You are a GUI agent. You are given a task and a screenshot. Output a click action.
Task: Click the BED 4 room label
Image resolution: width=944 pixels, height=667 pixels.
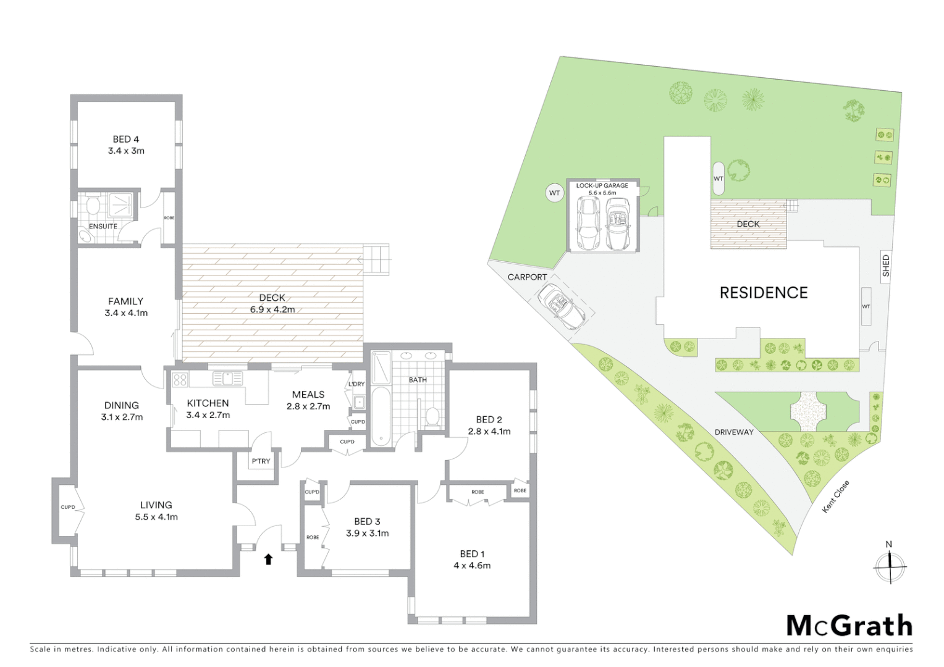coord(125,140)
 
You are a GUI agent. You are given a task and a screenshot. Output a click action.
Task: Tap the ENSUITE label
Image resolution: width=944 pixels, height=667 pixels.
coord(103,226)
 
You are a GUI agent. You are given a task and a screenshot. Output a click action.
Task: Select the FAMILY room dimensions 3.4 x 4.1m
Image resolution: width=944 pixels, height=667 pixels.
coord(126,313)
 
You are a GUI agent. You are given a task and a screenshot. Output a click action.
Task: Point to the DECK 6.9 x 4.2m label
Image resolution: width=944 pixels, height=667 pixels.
coord(272,304)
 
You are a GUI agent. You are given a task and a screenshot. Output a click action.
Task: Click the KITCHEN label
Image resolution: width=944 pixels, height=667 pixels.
coord(208,403)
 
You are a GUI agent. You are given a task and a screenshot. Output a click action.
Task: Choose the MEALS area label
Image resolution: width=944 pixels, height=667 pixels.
coord(308,395)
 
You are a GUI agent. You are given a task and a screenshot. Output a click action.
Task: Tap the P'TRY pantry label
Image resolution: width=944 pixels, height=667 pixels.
coord(260,461)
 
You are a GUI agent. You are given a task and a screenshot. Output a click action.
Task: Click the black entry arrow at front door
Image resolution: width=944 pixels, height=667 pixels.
coord(268,560)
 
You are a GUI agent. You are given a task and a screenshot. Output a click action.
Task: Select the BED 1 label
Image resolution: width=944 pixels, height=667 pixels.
coord(472,554)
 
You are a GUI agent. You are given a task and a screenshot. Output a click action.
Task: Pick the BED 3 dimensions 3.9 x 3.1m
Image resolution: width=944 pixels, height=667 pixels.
coord(367,534)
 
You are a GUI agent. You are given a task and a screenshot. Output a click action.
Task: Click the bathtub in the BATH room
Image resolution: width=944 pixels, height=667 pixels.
coord(381,416)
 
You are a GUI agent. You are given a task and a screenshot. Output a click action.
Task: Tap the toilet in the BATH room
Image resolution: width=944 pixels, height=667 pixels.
coord(433,417)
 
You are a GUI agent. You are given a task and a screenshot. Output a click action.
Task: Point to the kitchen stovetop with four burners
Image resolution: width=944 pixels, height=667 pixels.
coord(180,379)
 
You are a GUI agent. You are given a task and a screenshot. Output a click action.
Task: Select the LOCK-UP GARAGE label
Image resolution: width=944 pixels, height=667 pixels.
coord(602,185)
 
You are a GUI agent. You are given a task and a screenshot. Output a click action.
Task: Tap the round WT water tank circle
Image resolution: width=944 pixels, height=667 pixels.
coord(554,193)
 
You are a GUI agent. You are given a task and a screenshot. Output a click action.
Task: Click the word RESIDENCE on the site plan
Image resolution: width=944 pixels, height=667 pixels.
coord(764,293)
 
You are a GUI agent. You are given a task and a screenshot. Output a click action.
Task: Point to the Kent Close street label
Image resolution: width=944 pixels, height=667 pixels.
coord(836,497)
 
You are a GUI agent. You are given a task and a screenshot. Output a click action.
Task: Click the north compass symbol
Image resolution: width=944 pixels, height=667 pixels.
coord(889,565)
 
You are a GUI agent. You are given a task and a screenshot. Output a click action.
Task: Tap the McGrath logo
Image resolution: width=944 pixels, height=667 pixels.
coord(849,626)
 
